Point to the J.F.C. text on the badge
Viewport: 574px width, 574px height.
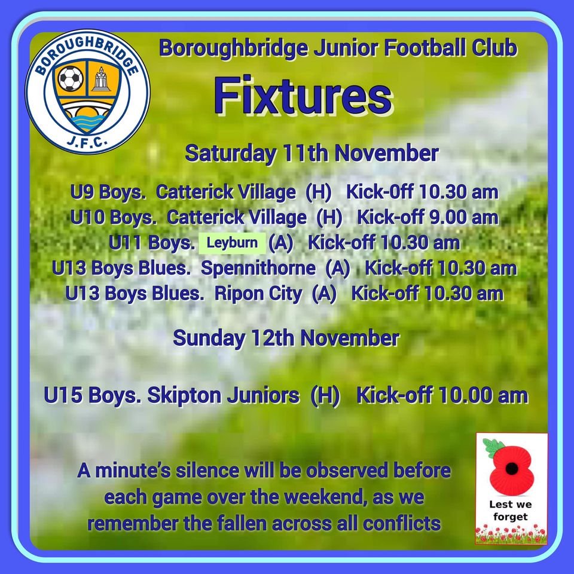[87, 142]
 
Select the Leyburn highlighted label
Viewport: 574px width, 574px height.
[232, 243]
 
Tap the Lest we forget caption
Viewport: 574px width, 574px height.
[510, 511]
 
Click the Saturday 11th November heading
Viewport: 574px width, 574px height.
[312, 153]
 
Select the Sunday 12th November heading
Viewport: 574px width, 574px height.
[286, 338]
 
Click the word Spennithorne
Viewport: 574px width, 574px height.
[258, 268]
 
